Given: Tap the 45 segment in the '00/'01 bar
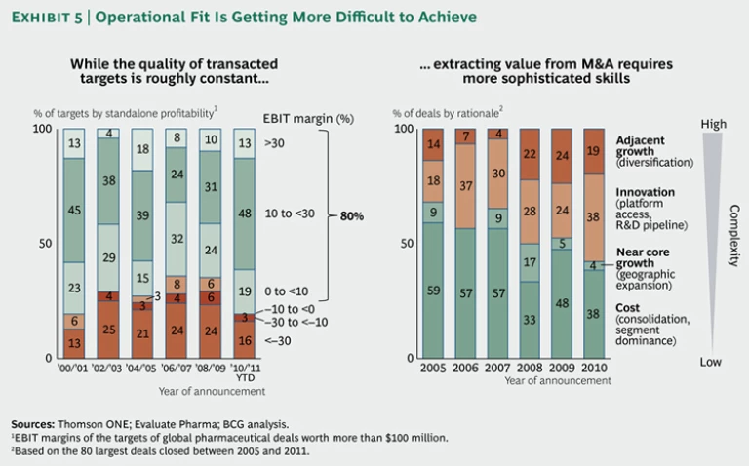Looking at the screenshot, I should [x=74, y=209].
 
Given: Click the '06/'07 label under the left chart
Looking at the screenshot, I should [x=177, y=370].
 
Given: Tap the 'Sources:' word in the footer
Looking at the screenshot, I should [x=38, y=424].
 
